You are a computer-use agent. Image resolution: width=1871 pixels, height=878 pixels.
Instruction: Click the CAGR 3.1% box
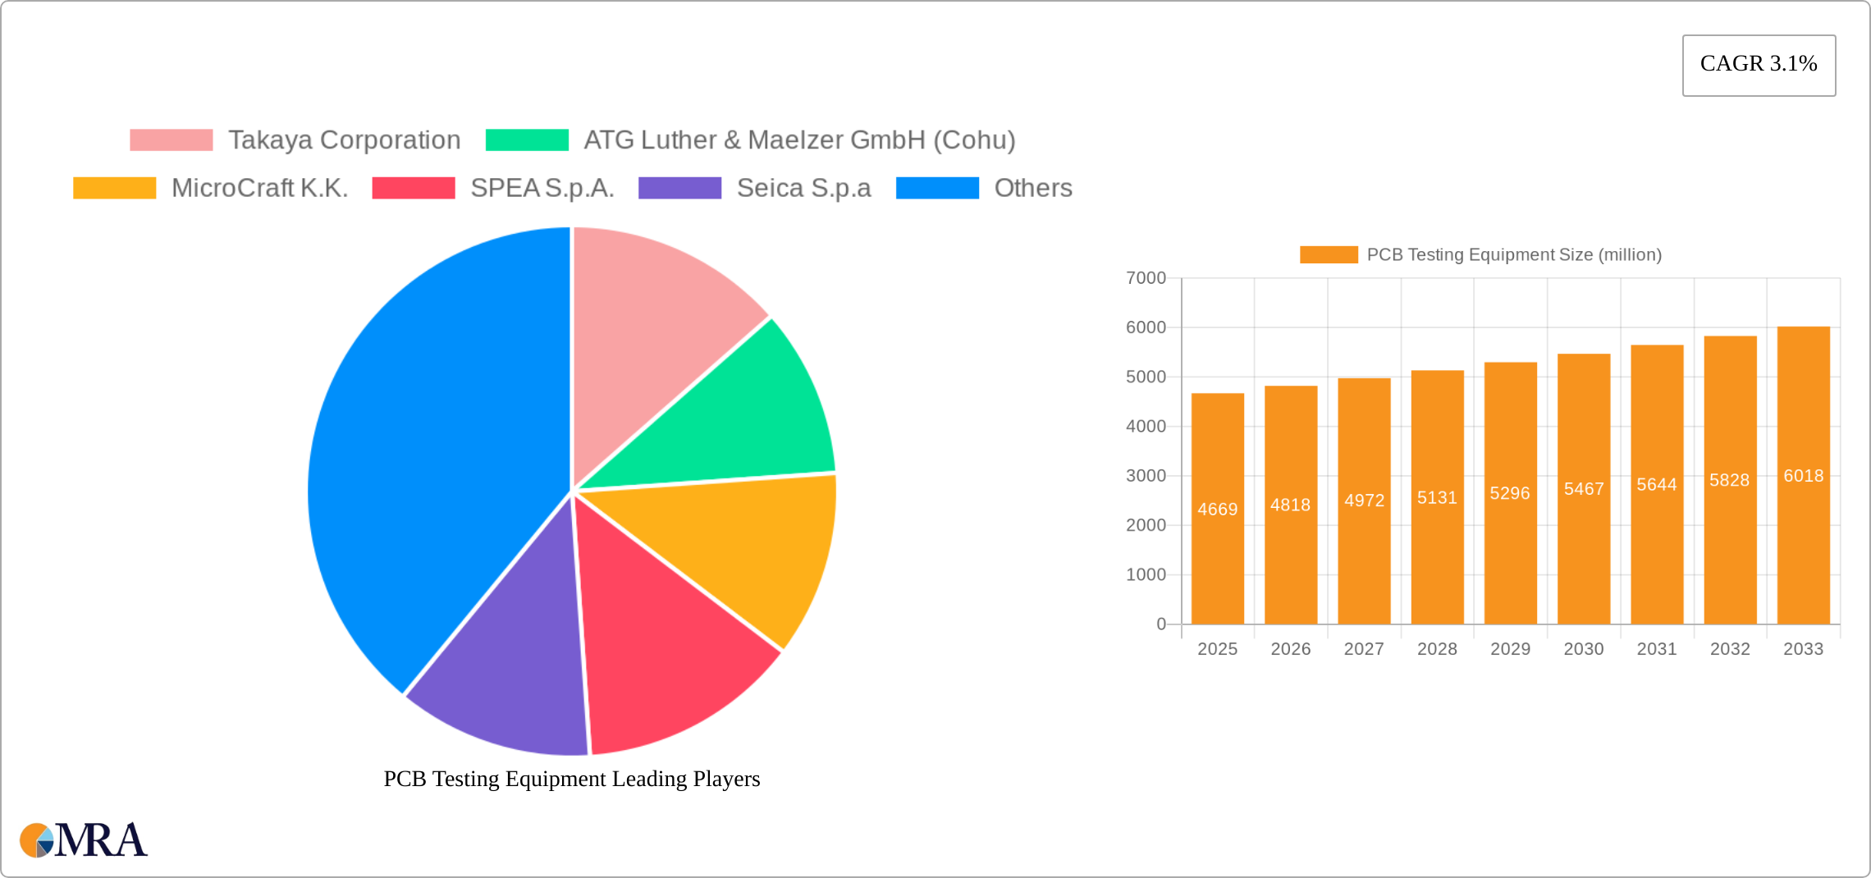click(x=1759, y=65)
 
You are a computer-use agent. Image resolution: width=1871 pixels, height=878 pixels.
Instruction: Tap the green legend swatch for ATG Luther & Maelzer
click(x=527, y=140)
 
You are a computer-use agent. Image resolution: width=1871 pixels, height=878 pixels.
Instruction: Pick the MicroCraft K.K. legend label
click(x=259, y=188)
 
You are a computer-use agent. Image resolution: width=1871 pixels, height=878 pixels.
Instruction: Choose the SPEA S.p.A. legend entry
click(x=542, y=188)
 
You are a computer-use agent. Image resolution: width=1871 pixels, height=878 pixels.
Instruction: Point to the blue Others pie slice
click(x=427, y=460)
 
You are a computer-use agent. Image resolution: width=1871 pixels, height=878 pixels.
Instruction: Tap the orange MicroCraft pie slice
click(x=739, y=550)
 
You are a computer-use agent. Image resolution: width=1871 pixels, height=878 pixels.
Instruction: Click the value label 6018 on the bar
click(x=1803, y=476)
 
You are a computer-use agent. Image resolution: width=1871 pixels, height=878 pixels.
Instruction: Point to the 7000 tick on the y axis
click(x=1146, y=278)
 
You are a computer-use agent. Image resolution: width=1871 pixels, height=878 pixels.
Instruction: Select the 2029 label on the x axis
click(x=1510, y=649)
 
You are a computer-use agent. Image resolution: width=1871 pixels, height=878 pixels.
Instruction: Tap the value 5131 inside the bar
click(x=1437, y=498)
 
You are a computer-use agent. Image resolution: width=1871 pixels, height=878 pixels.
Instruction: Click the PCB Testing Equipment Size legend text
click(x=1513, y=255)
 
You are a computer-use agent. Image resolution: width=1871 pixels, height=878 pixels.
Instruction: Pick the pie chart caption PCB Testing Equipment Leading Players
click(x=572, y=779)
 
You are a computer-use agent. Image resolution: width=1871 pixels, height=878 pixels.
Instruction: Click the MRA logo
click(x=84, y=840)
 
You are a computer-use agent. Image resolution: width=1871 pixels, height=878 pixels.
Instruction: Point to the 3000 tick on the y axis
click(x=1146, y=476)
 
